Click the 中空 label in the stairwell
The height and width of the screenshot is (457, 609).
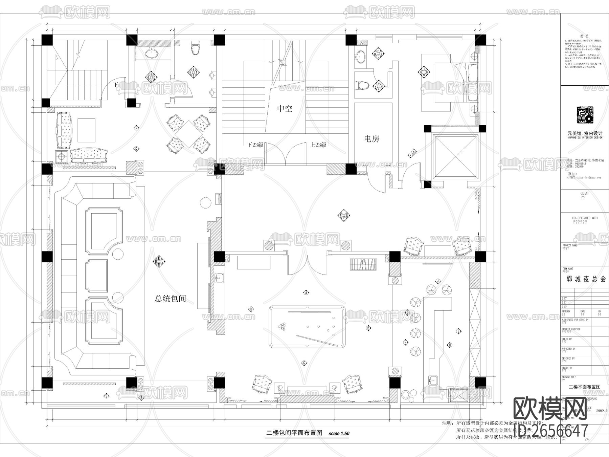coord(285,109)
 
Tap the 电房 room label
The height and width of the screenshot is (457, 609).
coord(371,139)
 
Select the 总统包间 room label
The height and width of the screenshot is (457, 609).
coord(170,299)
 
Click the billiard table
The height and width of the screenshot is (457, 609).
coord(307,327)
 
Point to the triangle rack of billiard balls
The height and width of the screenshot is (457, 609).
coord(281,327)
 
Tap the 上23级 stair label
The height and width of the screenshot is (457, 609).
coord(318,145)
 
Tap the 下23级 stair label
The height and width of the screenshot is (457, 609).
coord(255,145)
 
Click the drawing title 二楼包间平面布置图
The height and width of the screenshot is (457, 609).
coord(294,433)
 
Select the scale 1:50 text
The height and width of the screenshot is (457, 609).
coord(339,433)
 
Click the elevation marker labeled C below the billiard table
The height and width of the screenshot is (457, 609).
coord(304,363)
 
